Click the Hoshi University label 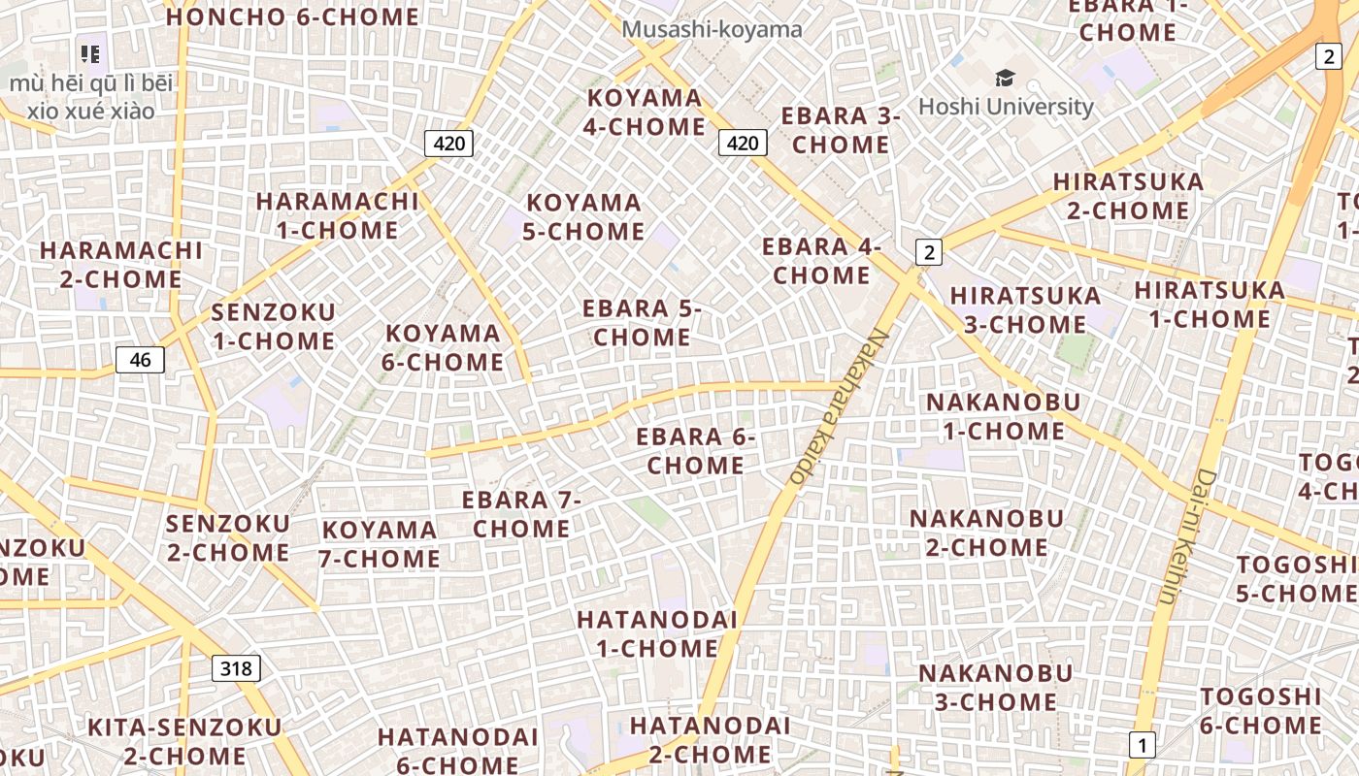(x=1006, y=106)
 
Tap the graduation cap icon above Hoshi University (x=1005, y=78)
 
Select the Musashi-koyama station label (x=712, y=29)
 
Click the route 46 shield (x=140, y=360)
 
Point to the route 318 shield (x=235, y=667)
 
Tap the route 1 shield (x=1143, y=745)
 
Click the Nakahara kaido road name (x=840, y=406)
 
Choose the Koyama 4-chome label (x=646, y=112)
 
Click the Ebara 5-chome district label (x=642, y=323)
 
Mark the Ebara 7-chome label (x=521, y=514)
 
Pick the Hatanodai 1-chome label (x=657, y=633)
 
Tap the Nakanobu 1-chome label (x=1004, y=416)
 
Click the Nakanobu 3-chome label (x=995, y=687)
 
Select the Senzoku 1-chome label (x=273, y=327)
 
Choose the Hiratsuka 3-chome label (x=1025, y=309)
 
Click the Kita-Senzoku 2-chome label (x=184, y=741)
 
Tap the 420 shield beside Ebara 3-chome (x=743, y=144)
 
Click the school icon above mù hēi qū (x=90, y=54)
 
